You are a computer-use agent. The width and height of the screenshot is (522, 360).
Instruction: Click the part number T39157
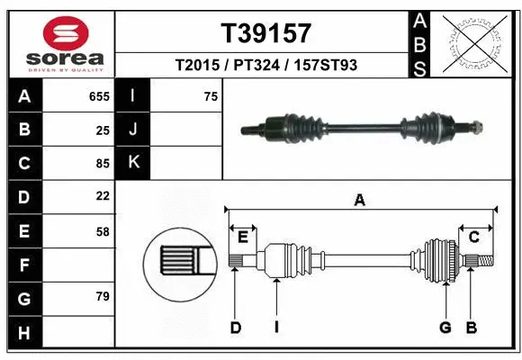pos(266,33)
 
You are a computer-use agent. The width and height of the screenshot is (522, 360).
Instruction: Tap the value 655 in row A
pos(99,96)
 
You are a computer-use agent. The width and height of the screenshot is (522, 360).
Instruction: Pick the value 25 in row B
pos(103,130)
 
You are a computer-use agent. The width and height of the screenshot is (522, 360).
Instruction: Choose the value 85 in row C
pos(103,164)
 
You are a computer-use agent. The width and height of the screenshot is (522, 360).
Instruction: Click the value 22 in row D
pos(103,196)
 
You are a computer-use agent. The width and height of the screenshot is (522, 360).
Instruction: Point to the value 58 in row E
pos(103,230)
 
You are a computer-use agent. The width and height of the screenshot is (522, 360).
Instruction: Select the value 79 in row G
pos(103,296)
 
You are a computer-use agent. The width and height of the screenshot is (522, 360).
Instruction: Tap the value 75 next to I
pos(211,96)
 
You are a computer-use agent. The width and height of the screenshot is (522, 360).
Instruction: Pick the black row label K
pos(133,163)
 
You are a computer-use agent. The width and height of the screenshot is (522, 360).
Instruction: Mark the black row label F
pos(24,265)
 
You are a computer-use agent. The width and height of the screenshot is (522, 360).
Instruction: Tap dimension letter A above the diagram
pos(360,201)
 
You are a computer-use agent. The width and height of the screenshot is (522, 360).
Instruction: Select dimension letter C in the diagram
pos(473,237)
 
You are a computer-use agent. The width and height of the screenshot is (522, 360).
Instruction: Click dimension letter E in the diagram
pos(243,237)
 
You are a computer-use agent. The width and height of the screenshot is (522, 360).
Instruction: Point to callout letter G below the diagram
pos(445,328)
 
